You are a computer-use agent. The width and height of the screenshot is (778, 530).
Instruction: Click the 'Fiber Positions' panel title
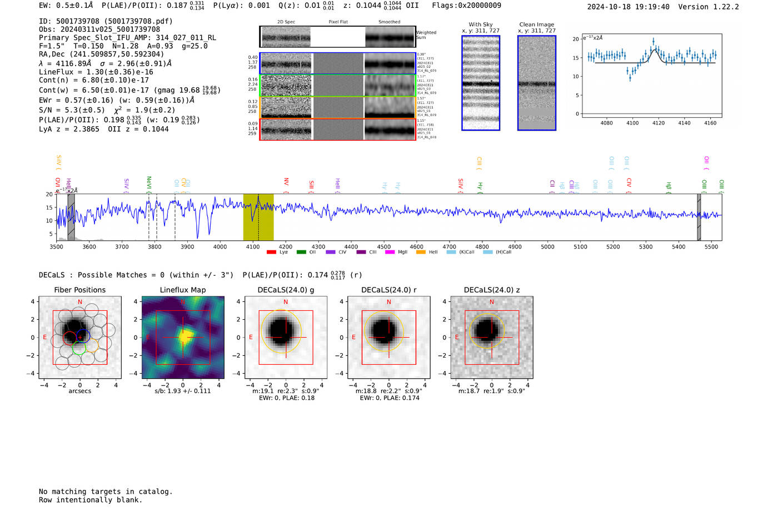tap(79, 290)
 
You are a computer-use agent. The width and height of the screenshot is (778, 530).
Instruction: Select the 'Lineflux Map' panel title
tap(183, 290)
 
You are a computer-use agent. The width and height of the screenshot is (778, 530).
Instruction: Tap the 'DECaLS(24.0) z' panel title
tap(491, 290)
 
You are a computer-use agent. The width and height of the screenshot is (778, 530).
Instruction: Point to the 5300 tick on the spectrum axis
tap(646, 246)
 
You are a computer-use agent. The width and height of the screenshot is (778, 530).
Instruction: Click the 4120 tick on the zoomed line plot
tap(659, 123)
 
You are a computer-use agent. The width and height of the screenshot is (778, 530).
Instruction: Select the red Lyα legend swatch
tap(271, 252)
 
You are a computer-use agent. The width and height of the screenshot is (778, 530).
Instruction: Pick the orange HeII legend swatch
tap(421, 252)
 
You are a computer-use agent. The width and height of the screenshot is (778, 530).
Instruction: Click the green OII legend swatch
tap(301, 252)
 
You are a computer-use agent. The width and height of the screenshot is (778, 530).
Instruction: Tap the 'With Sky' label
tap(481, 24)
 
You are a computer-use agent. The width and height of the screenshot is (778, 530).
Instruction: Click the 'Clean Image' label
tap(537, 24)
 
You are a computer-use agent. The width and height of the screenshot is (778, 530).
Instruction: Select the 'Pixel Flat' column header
tap(338, 22)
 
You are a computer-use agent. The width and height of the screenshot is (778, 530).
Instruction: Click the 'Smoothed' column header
tap(389, 22)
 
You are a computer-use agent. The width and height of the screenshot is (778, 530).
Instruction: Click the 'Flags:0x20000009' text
tap(466, 6)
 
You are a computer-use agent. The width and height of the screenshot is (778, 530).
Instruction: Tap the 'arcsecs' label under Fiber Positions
tap(79, 391)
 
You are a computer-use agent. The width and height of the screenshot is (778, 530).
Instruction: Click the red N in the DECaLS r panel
tap(389, 302)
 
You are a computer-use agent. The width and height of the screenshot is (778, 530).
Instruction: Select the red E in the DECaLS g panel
tap(251, 338)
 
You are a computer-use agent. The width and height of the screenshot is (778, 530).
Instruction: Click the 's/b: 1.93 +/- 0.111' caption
tap(183, 391)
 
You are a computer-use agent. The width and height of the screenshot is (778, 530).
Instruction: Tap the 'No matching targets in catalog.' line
tap(106, 492)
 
